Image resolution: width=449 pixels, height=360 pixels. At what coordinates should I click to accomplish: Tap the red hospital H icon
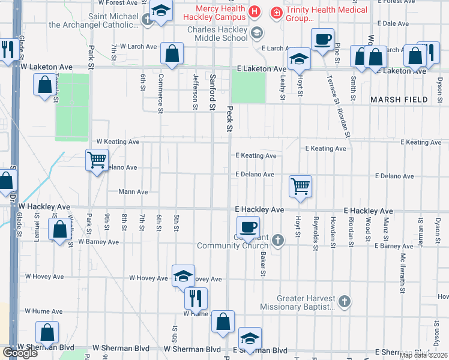pyautogui.click(x=255, y=11)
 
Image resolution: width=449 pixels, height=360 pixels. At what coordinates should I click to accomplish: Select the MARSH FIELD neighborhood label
pyautogui.click(x=399, y=100)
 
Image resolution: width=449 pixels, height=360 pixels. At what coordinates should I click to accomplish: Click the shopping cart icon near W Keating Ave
pyautogui.click(x=96, y=160)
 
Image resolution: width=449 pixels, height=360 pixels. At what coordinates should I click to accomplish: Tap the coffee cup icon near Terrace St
pyautogui.click(x=322, y=40)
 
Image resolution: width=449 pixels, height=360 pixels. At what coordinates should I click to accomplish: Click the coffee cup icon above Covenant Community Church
pyautogui.click(x=247, y=227)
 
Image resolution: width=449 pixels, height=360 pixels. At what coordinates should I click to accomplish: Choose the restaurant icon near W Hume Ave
pyautogui.click(x=196, y=298)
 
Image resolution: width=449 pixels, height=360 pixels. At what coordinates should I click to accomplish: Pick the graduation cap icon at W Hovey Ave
pyautogui.click(x=183, y=275)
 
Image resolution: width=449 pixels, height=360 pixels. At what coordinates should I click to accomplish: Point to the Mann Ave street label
pyautogui.click(x=134, y=192)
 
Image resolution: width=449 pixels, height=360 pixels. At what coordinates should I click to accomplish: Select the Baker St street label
pyautogui.click(x=263, y=264)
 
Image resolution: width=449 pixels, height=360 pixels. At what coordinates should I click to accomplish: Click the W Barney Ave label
pyautogui.click(x=98, y=242)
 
